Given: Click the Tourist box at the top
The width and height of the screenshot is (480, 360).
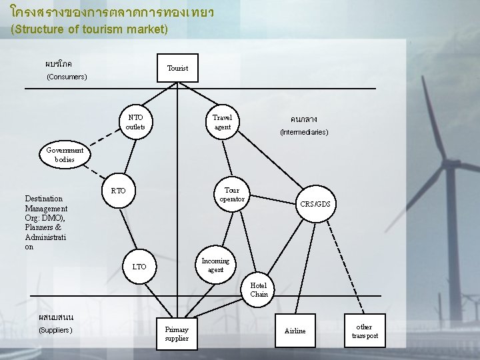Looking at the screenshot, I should (x=177, y=68).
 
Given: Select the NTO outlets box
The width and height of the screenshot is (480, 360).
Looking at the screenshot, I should (x=135, y=122).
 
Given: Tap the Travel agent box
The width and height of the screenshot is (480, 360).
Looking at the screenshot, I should (x=222, y=122).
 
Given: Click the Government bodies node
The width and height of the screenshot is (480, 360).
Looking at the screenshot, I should (x=65, y=155).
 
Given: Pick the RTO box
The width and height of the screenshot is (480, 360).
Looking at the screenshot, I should (x=118, y=191).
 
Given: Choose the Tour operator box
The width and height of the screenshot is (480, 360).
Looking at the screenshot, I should (x=232, y=195).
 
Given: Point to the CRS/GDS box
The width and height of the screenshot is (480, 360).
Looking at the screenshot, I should (x=315, y=203).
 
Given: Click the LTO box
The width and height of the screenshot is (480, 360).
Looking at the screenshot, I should (x=139, y=267).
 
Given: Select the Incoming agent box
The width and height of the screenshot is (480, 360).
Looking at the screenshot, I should (x=215, y=265).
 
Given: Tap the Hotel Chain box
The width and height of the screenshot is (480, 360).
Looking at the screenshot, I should (x=259, y=289).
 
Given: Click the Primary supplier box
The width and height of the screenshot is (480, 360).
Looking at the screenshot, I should (x=177, y=333).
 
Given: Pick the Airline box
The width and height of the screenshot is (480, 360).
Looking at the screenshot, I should (x=295, y=331).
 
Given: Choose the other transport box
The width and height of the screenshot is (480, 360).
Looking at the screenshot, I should (x=364, y=331).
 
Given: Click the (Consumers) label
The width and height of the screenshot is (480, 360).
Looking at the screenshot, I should (x=67, y=77).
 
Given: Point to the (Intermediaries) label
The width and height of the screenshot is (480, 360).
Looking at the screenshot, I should (x=304, y=132).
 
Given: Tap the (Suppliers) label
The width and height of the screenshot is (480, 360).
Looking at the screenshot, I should (x=56, y=330).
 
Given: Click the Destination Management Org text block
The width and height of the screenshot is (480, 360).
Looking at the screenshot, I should (x=46, y=223).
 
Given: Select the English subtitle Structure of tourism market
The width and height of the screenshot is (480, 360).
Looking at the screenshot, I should (x=89, y=30).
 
